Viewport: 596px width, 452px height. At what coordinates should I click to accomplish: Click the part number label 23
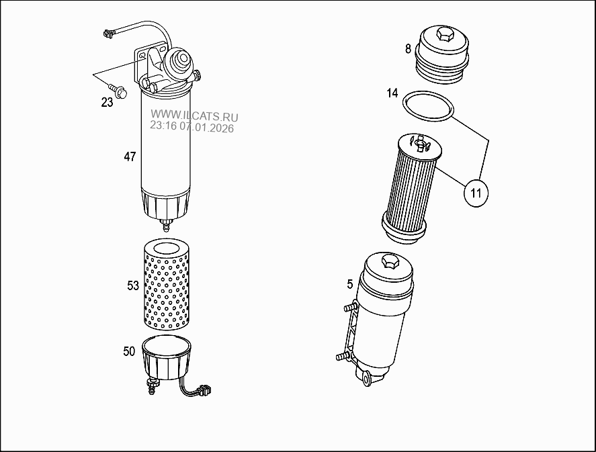pos(107,103)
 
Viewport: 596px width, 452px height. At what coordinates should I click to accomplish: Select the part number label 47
pos(130,156)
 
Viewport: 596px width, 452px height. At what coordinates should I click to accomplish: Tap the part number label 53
pos(133,285)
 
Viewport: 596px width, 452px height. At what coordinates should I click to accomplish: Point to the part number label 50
pos(129,351)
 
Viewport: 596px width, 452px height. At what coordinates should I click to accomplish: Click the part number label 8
pos(408,48)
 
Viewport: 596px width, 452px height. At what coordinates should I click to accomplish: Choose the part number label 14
pos(392,93)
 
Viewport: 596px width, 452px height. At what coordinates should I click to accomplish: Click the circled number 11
pos(476,193)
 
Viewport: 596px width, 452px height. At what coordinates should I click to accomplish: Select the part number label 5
pos(349,284)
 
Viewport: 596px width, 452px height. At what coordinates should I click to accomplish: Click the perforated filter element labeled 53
pos(168,285)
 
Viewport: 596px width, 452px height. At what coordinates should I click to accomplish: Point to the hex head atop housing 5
pos(389,261)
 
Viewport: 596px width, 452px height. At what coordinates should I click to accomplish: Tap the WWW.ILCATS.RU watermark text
pos(194,116)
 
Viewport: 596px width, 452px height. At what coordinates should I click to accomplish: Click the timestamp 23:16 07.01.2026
pos(191,128)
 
